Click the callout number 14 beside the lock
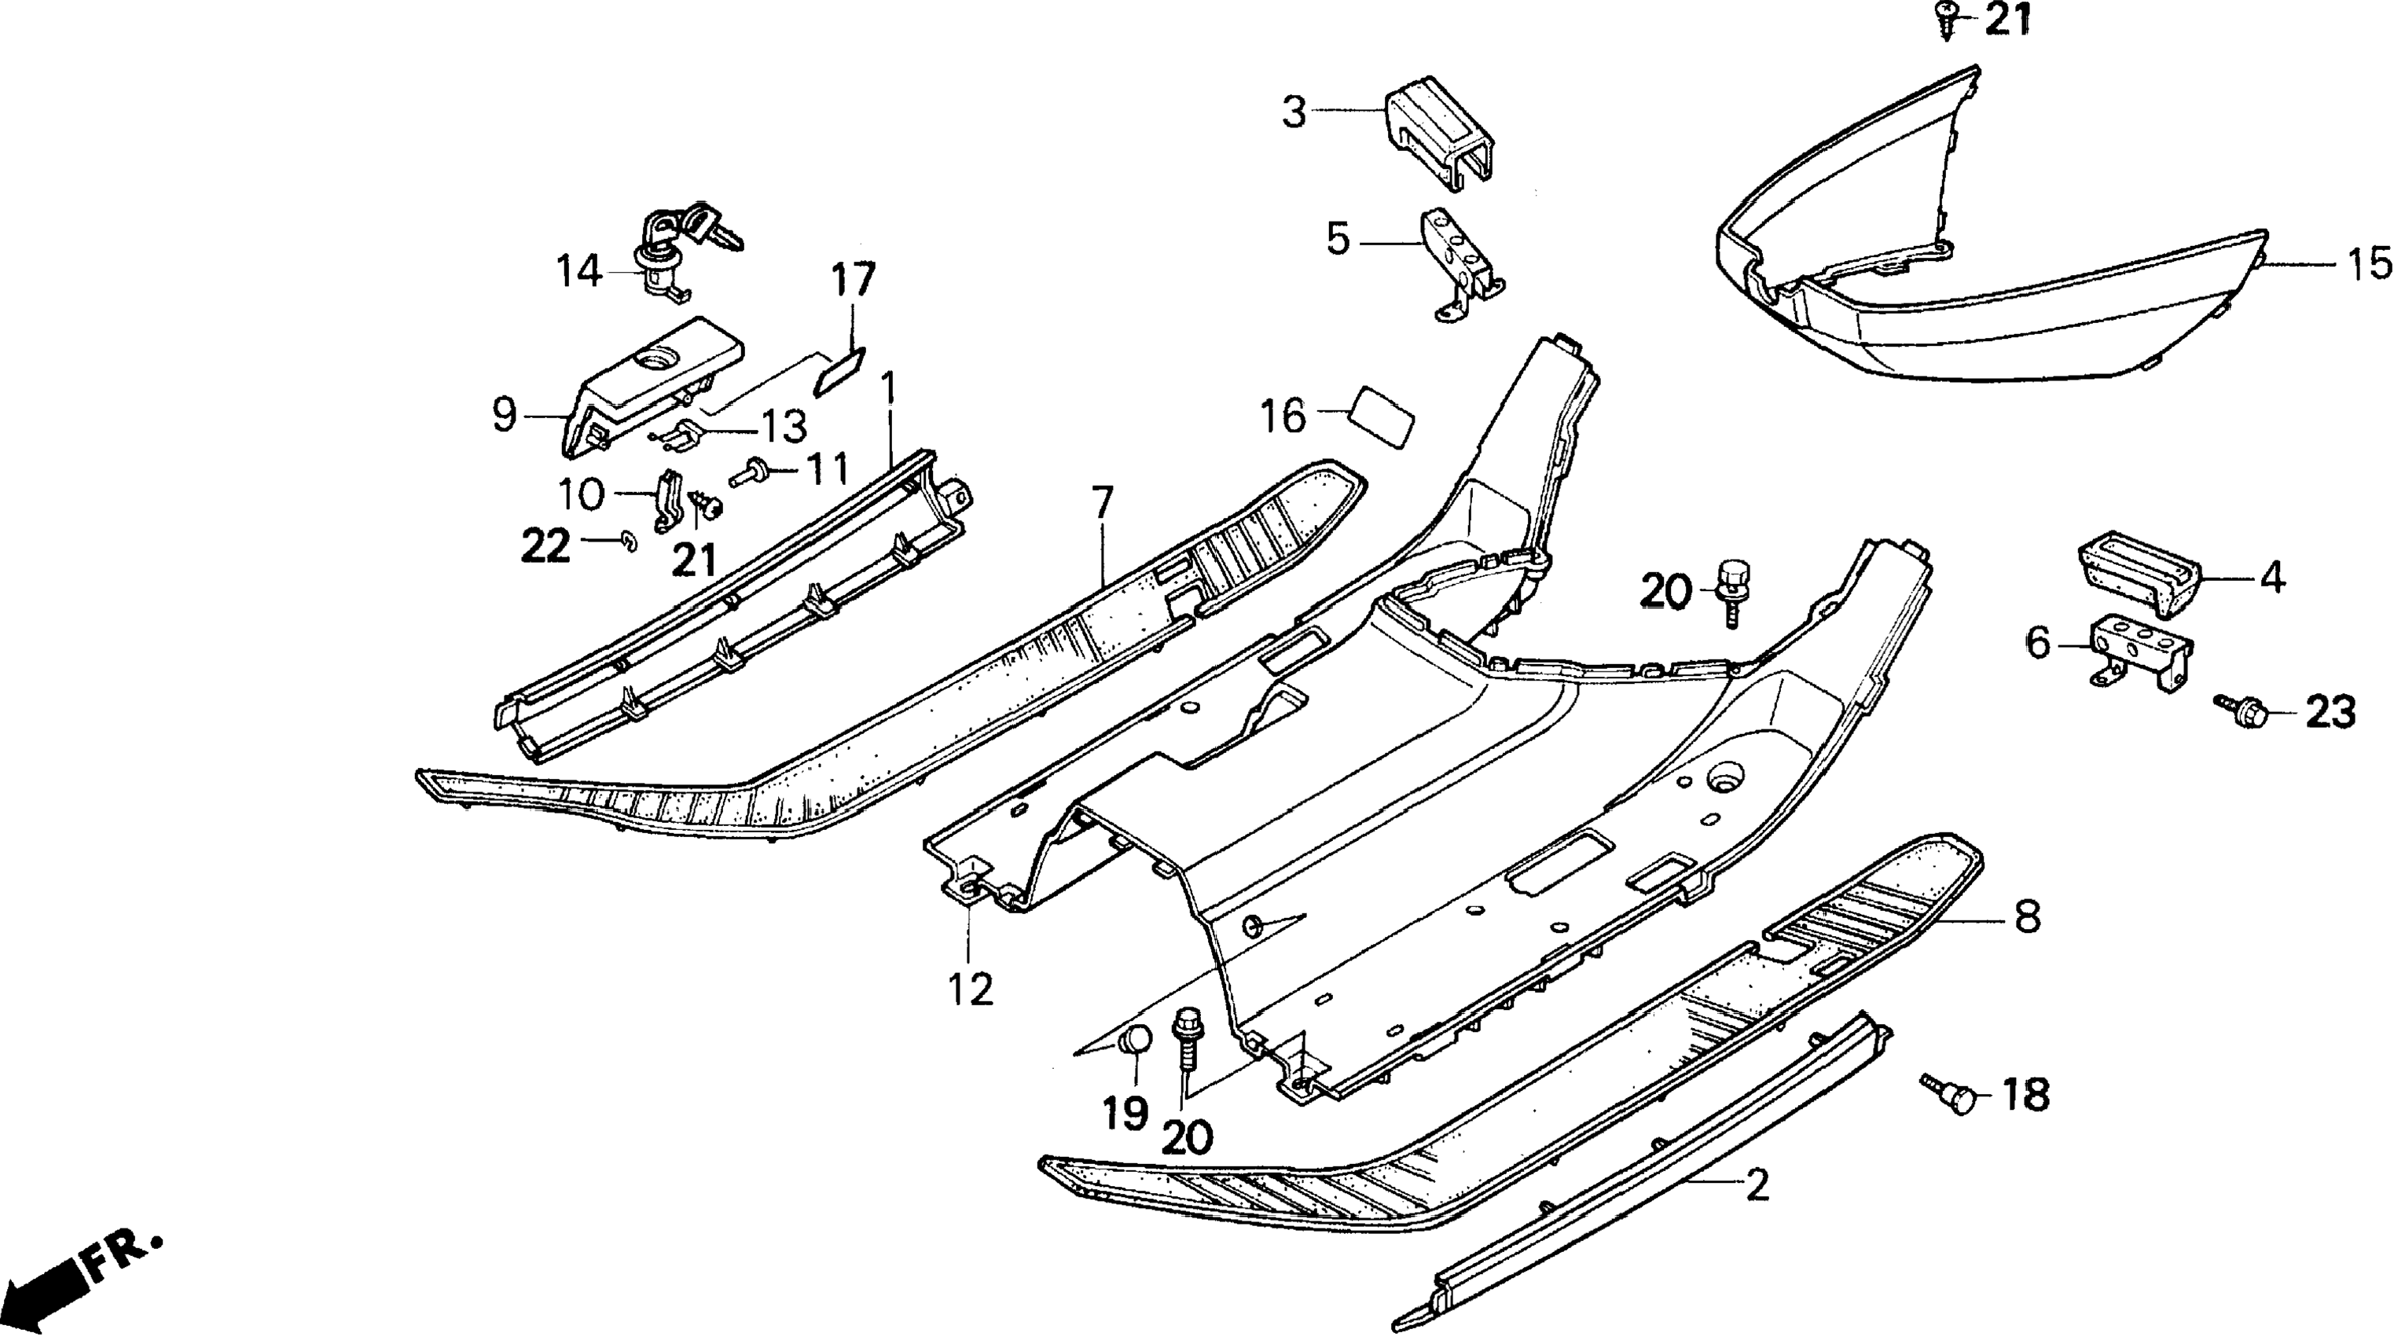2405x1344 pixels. coord(578,272)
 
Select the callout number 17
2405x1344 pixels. coord(854,279)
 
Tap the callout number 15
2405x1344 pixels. coord(2370,264)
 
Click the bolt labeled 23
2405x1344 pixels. coord(2239,712)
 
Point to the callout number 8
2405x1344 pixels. coord(2027,916)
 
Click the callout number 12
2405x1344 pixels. coord(971,989)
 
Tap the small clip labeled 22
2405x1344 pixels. coord(627,542)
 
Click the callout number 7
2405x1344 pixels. coord(1103,504)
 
